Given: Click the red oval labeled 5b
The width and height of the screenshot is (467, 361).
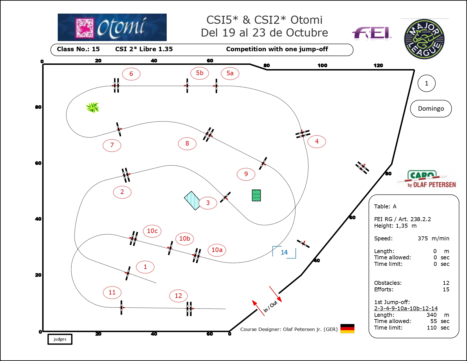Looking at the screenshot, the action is pos(200,73).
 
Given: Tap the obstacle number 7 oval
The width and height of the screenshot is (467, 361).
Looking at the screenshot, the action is pos(112,145).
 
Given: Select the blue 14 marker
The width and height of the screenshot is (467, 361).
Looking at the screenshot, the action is pos(284,252).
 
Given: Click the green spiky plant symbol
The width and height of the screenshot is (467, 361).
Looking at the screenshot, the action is pos(93,107).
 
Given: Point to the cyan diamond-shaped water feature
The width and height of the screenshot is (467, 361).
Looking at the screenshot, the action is pos(192,201).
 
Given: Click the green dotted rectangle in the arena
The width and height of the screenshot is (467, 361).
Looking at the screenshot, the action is pos(256,195).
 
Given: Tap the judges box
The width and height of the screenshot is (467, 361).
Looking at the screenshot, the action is pos(60,339).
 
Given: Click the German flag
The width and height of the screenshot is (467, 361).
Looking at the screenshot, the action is pos(347,328).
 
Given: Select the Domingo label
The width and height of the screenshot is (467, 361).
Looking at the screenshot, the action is pos(431,108).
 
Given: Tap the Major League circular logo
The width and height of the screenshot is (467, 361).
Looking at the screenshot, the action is pos(424,39).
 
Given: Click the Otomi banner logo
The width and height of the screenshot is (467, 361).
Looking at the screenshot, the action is pos(112,27).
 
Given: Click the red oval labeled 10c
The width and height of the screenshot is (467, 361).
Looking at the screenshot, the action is pos(152,231).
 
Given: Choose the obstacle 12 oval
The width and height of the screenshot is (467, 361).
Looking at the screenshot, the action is pos(178,296).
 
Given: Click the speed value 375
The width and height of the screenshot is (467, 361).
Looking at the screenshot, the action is pos(423,238).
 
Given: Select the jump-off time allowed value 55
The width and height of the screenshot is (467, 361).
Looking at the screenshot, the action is pos(433,321).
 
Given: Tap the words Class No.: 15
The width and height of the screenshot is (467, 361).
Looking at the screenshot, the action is pos(78,49).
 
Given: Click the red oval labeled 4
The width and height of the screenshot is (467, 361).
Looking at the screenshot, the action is pos(316,142).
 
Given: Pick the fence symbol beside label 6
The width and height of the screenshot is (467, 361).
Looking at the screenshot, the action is pos(116,86).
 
